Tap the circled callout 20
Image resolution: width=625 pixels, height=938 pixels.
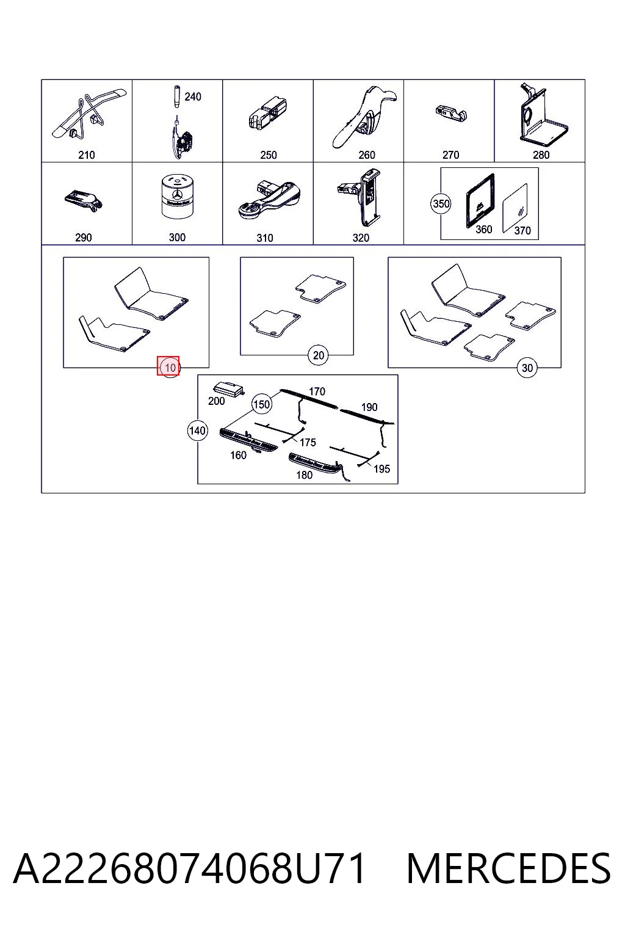pos(318,355)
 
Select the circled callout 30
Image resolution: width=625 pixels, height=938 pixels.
pos(527,368)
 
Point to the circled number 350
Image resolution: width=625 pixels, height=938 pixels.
pos(441,204)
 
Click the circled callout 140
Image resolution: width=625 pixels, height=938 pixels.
pos(197,431)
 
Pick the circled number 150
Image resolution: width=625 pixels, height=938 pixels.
pos(261,404)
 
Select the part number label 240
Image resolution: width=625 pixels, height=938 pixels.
pos(192,96)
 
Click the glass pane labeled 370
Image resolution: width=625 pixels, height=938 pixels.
pos(515,208)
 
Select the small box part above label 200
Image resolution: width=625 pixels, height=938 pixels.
pos(229,389)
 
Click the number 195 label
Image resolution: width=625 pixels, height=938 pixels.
pos(381,469)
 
